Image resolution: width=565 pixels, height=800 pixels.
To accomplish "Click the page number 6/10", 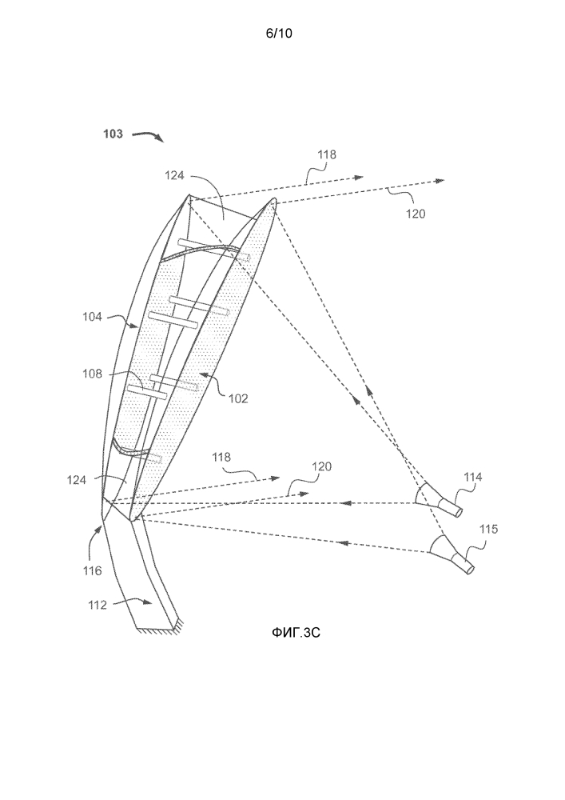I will (x=282, y=33).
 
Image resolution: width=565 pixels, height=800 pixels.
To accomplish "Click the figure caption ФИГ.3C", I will (x=297, y=632).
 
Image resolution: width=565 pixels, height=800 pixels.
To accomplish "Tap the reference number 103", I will (x=113, y=134).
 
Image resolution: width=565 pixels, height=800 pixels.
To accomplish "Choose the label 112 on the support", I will (x=97, y=605).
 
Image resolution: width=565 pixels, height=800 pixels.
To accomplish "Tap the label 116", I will (x=93, y=571).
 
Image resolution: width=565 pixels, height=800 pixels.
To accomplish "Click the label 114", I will (x=473, y=478).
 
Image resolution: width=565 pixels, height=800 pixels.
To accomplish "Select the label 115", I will (x=487, y=529).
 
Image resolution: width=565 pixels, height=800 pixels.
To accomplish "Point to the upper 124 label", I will (x=176, y=174).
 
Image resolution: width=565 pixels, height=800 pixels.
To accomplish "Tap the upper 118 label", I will (x=327, y=154).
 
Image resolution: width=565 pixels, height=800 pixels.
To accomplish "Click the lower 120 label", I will (x=320, y=466).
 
